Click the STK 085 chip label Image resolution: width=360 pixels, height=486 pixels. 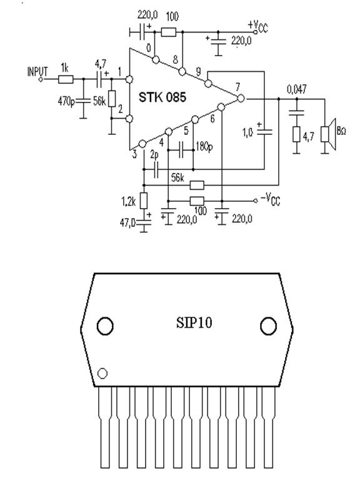point(162,97)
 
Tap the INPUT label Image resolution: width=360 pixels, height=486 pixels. point(37,72)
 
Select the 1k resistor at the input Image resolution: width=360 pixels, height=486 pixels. point(66,79)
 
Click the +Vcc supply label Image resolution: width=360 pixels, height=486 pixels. point(257,26)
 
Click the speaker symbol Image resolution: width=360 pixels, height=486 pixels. point(328,134)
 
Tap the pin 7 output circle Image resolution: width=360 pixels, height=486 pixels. point(240,98)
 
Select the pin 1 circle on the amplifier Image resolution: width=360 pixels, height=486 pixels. point(129,79)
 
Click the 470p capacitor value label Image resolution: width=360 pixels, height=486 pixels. point(66,101)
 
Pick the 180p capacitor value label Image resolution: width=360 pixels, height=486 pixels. point(204,146)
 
